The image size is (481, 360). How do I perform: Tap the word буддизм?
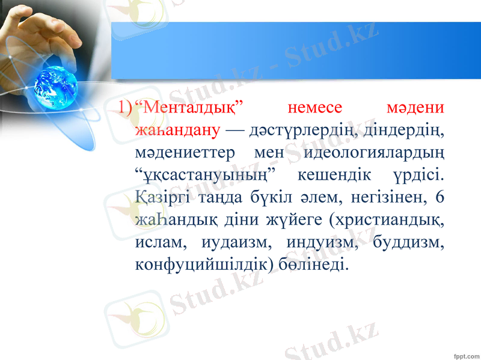(408, 242)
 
